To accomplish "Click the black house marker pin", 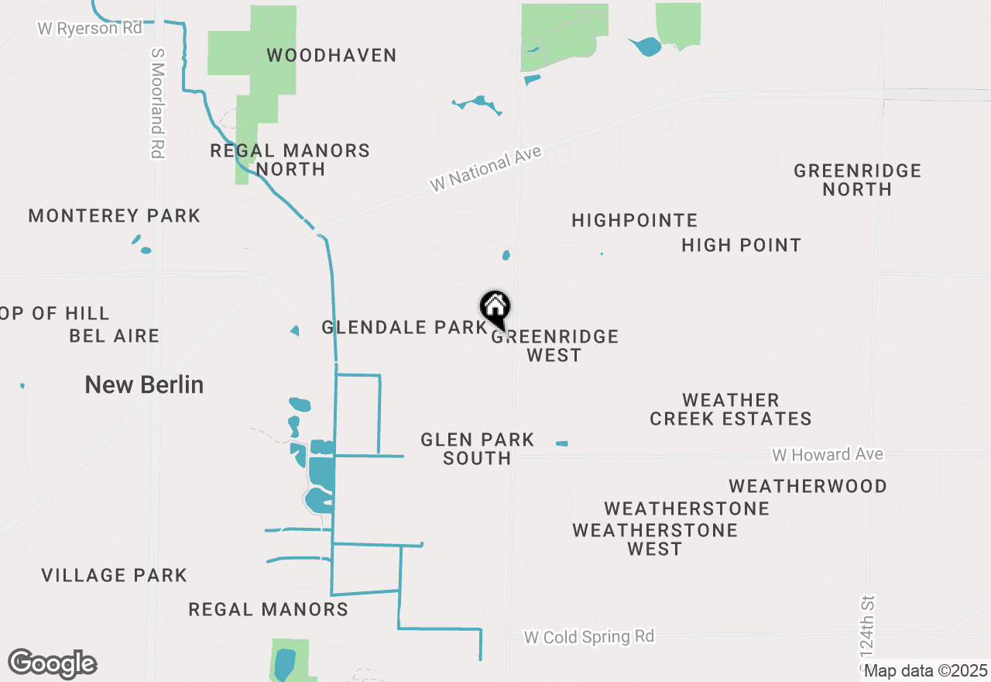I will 495,308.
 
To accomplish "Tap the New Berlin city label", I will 144,384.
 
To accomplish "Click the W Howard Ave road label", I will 827,454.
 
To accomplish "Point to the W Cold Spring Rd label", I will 588,637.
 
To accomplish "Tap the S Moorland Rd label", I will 158,103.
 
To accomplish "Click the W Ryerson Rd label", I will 90,28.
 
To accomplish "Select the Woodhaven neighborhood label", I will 331,56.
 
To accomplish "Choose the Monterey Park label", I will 115,216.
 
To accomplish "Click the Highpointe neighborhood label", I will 635,221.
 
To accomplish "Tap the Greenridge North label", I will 857,180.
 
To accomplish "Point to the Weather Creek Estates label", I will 730,409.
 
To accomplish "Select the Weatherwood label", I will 808,486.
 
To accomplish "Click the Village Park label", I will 114,575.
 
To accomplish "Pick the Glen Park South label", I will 477,449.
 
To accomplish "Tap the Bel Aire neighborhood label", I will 115,336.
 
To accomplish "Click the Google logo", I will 53,664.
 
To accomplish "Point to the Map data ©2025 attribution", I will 925,670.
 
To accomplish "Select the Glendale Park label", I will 404,328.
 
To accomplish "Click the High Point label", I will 741,246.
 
